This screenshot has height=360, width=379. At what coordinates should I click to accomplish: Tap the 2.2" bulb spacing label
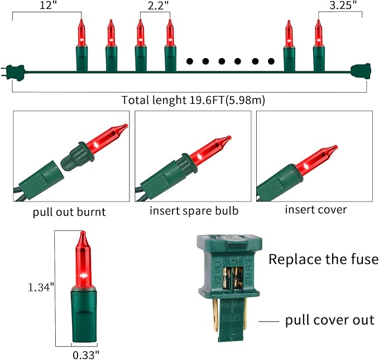(158, 6)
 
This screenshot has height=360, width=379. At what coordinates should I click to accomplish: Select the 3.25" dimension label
(343, 6)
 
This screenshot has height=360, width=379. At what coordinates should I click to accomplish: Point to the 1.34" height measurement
(41, 287)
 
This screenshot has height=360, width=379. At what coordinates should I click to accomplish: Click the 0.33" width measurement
(86, 355)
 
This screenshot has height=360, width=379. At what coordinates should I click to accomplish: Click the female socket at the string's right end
(361, 71)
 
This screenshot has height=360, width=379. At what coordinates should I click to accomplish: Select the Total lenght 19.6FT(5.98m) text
(193, 100)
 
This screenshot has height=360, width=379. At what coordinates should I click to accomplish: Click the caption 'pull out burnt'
(69, 212)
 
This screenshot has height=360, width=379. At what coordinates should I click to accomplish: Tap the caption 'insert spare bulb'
(194, 211)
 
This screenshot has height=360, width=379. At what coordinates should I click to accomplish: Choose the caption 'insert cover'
(316, 209)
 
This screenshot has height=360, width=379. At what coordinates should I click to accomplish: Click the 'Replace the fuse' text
(323, 259)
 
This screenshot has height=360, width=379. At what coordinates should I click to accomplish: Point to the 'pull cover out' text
(330, 320)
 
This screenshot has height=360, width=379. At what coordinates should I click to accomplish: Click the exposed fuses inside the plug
(233, 278)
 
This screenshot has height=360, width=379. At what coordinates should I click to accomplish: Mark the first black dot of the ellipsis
(190, 61)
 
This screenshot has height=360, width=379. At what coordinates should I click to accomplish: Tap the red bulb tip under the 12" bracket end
(81, 20)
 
